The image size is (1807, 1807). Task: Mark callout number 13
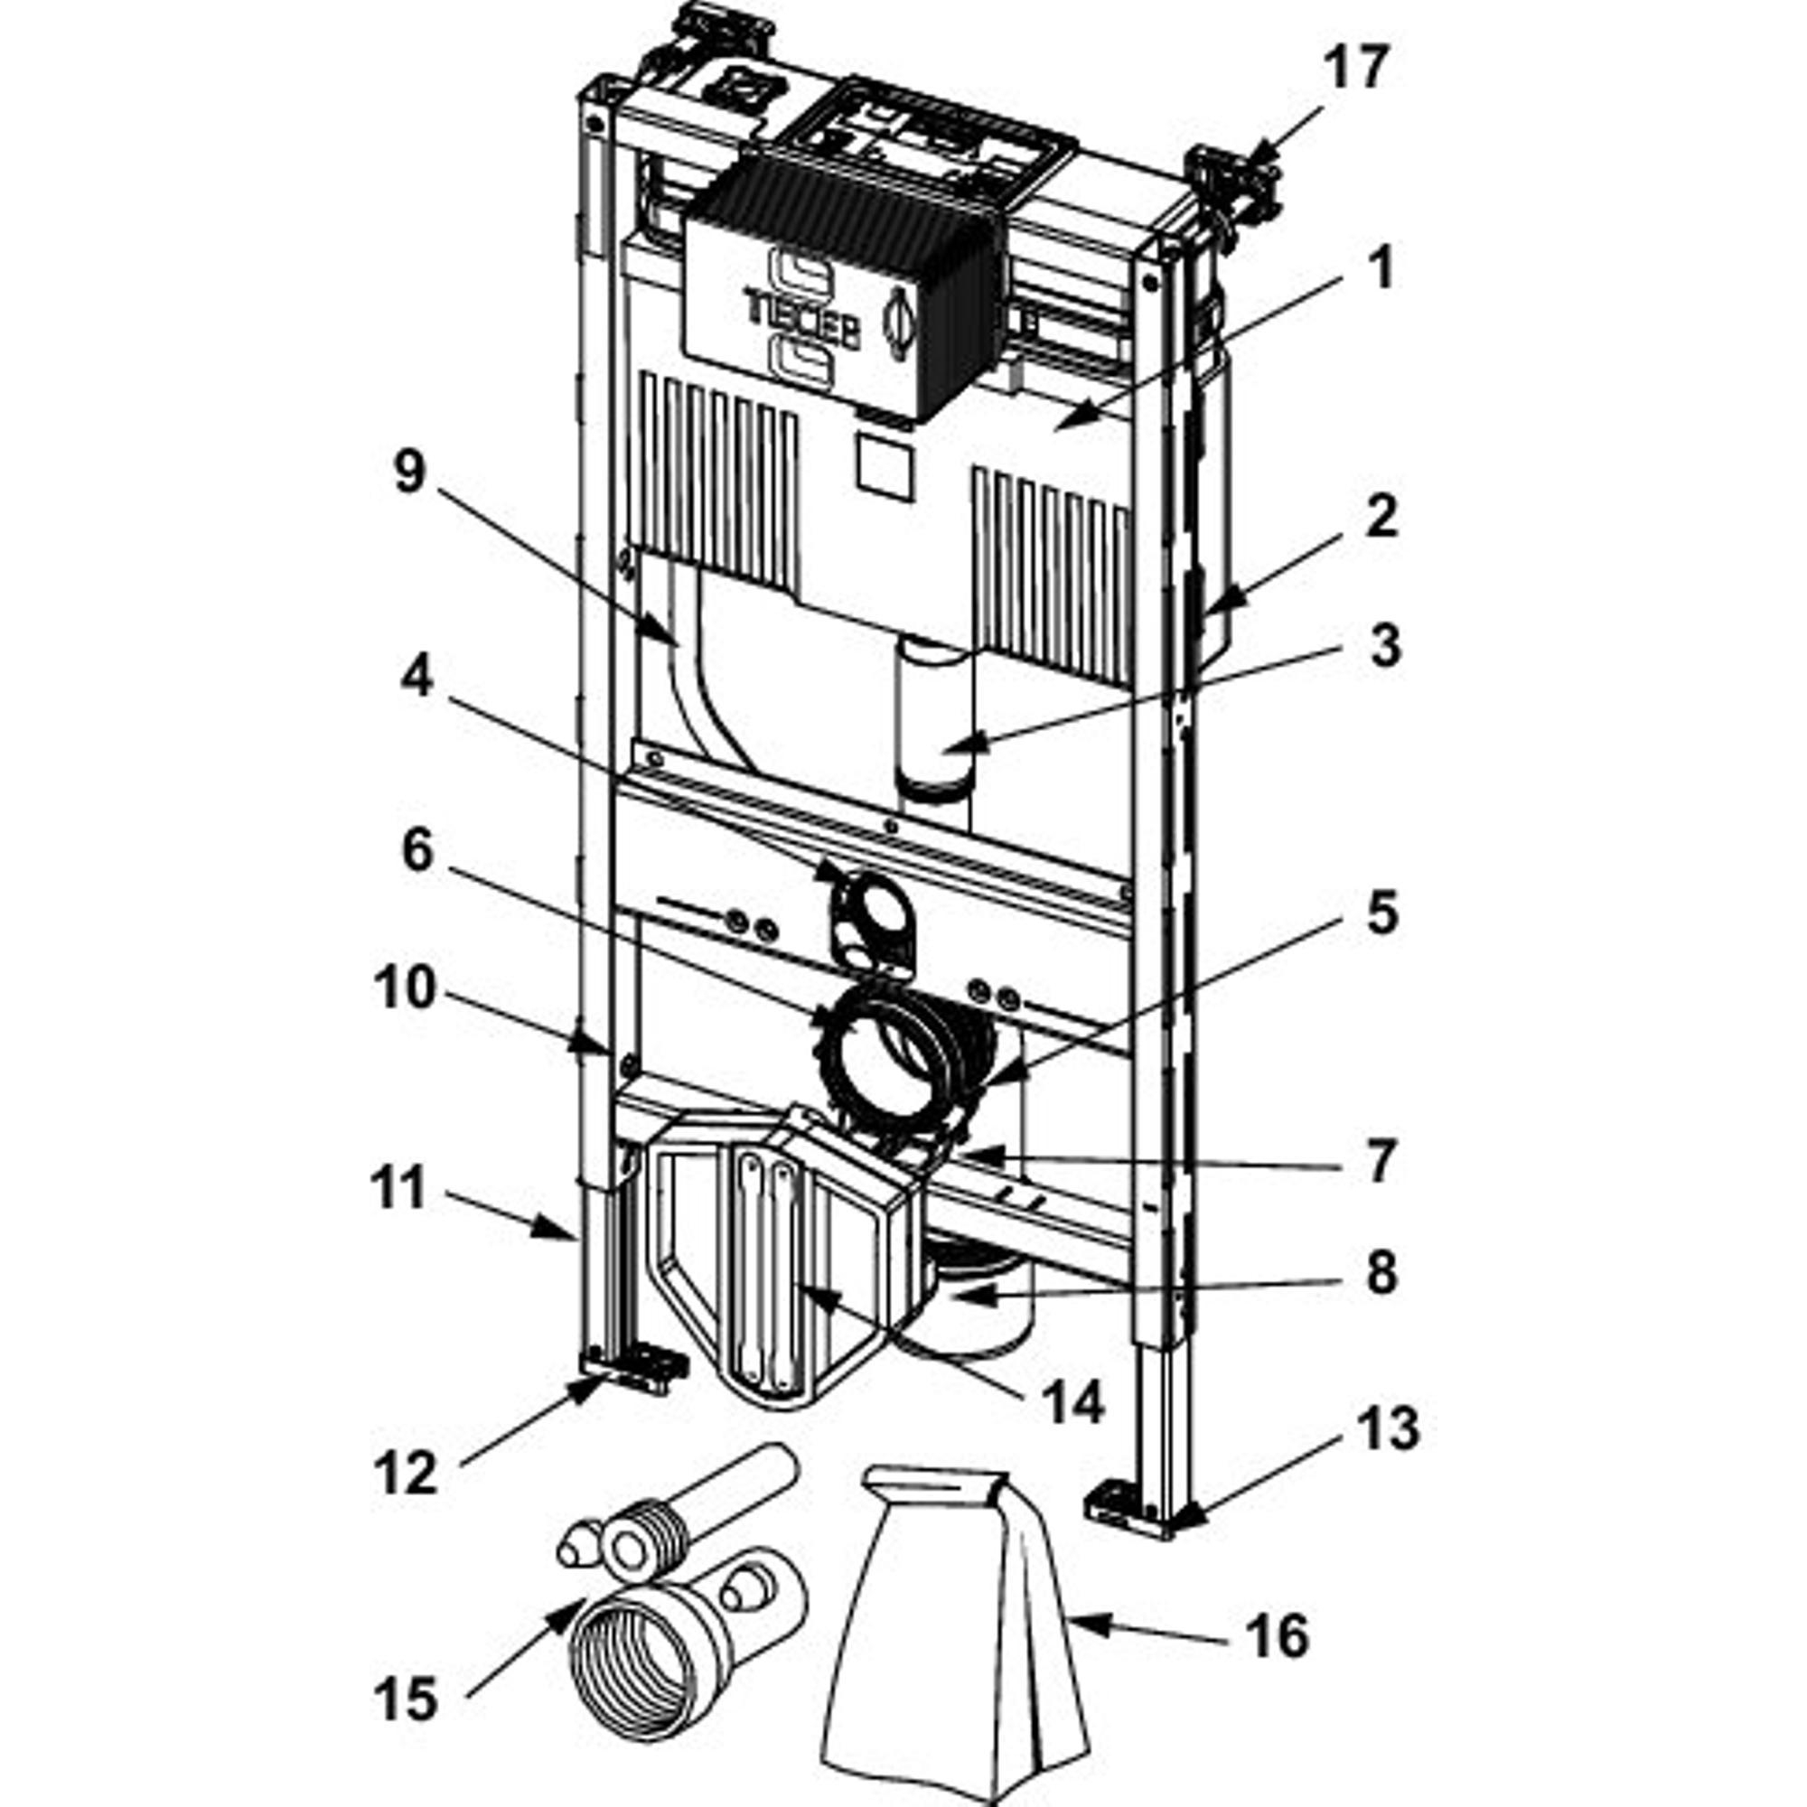(x=1387, y=1430)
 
